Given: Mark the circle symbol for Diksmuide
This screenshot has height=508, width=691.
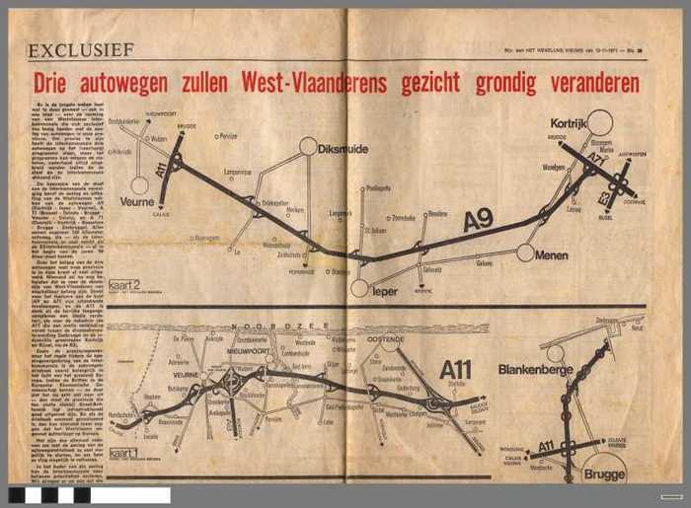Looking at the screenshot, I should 309,146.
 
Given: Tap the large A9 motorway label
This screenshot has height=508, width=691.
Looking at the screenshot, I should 478,221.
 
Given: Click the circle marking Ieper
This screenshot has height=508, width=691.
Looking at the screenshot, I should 359,289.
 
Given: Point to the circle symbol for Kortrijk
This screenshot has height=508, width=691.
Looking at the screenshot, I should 600,121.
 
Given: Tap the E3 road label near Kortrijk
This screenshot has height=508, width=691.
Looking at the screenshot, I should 604,197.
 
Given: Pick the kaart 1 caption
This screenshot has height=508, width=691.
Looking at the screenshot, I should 123,453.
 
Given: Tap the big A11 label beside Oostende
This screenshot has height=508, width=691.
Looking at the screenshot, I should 457,369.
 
